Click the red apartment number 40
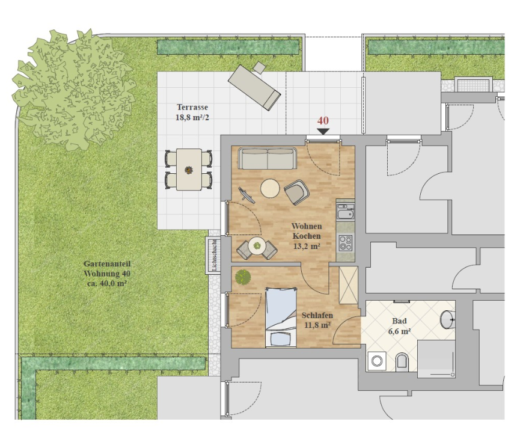[x=323, y=120]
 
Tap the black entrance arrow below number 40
[x=323, y=132]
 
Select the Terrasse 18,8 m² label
[x=192, y=112]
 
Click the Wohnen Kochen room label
[x=307, y=231]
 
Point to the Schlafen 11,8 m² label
[x=317, y=320]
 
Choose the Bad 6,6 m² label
[x=400, y=326]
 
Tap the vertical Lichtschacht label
[x=214, y=256]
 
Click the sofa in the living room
[x=268, y=159]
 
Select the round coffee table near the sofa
[x=270, y=189]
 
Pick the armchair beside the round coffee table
[x=297, y=192]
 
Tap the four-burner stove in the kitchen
[x=345, y=242]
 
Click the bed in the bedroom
[x=281, y=318]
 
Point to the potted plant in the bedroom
[x=243, y=277]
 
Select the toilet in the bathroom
[x=402, y=361]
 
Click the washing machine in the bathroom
[x=377, y=361]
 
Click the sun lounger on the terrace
[x=254, y=87]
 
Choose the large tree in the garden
[x=73, y=90]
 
